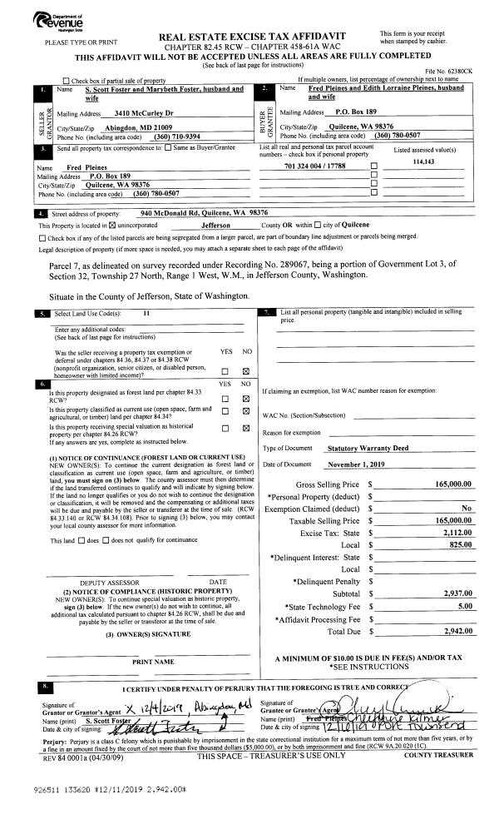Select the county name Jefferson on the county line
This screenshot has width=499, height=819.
(220, 225)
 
